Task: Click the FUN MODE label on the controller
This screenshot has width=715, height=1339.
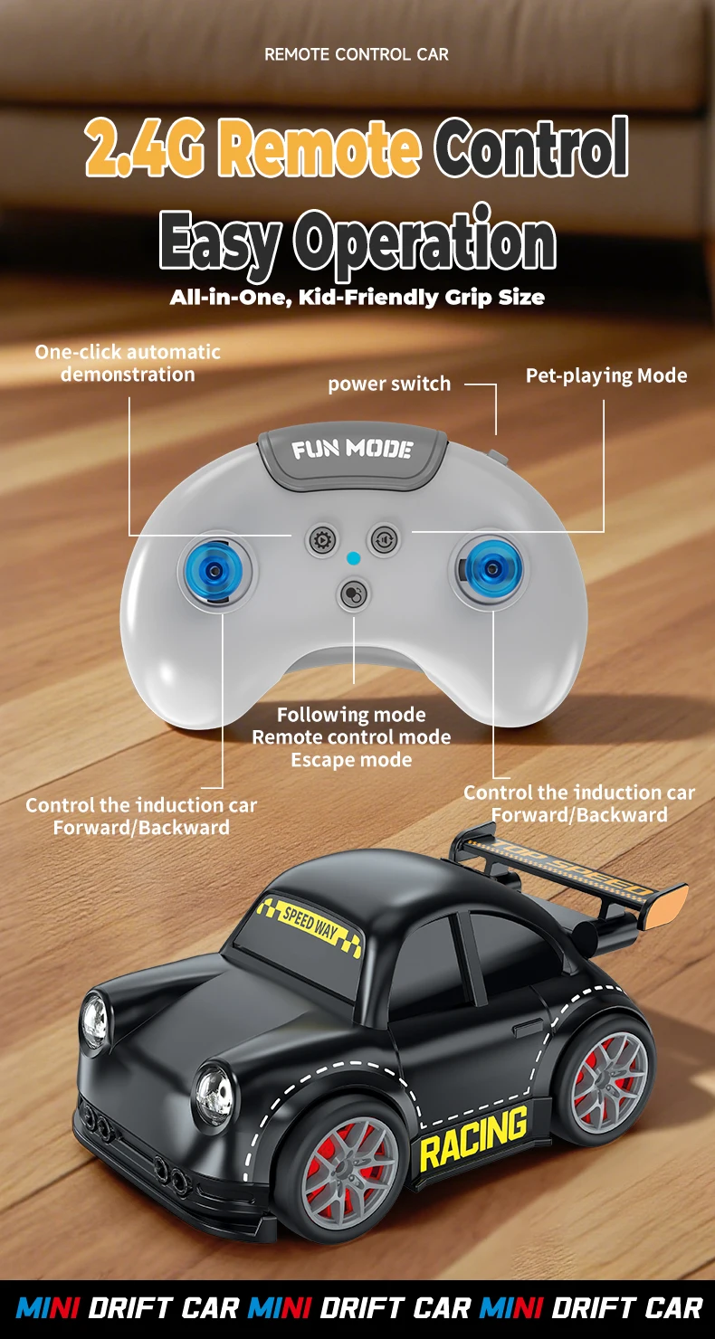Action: pyautogui.click(x=352, y=450)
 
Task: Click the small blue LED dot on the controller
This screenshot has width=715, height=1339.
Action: pyautogui.click(x=354, y=558)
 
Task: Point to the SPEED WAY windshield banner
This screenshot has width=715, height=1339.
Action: pyautogui.click(x=309, y=923)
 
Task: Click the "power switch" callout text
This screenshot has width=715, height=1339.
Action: pyautogui.click(x=389, y=384)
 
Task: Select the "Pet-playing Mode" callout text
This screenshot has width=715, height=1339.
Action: pyautogui.click(x=606, y=375)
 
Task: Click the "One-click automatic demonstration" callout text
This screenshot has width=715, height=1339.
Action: pyautogui.click(x=128, y=363)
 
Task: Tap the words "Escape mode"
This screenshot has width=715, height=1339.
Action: pyautogui.click(x=351, y=760)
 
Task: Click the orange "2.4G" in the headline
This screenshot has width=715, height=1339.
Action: pyautogui.click(x=145, y=148)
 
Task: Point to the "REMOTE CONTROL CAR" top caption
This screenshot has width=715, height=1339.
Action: pyautogui.click(x=357, y=54)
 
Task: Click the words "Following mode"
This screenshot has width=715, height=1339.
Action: pyautogui.click(x=351, y=715)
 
